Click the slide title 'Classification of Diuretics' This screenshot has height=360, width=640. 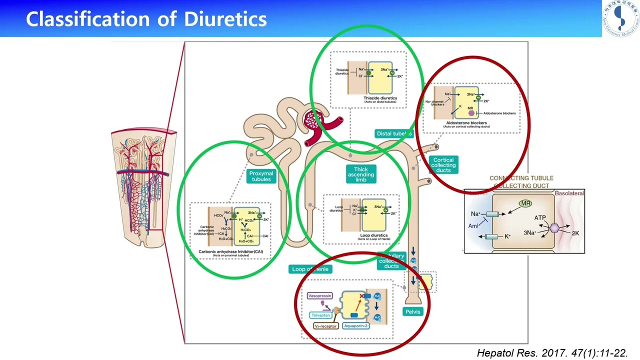coord(146,19)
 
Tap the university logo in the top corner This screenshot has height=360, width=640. coord(620,19)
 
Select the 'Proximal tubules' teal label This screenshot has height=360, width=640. coord(261,176)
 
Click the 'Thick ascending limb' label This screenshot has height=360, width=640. coord(361,174)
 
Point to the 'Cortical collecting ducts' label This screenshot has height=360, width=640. coord(443,165)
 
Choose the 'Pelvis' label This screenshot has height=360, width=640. coord(413,311)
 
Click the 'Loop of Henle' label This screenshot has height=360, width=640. coord(310,269)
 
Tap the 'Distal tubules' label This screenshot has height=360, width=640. coord(394,133)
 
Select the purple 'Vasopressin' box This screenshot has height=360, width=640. coord(320,295)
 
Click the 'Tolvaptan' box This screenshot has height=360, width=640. coord(321,315)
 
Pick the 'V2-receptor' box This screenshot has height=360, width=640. coord(325,326)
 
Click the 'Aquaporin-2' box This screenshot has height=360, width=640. coord(356,326)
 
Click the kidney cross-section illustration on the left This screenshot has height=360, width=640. coord(143,187)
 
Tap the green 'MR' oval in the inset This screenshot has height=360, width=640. coord(525,203)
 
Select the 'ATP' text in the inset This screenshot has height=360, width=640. coord(540,218)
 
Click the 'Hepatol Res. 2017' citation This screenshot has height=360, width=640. coord(552,353)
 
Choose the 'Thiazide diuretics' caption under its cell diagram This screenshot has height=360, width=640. coord(380,98)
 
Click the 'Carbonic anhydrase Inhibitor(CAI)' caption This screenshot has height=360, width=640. coord(230,251)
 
